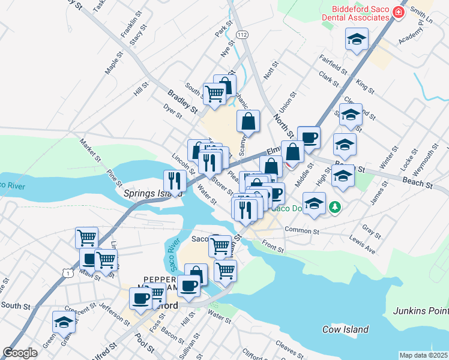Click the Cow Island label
pos(345,329)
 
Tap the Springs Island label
pos(145,193)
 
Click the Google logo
pos(20,353)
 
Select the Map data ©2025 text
pos(423,355)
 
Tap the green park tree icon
pos(334,207)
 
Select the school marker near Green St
pos(64,322)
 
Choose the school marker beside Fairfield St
pos(356,39)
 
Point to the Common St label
pos(301,230)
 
